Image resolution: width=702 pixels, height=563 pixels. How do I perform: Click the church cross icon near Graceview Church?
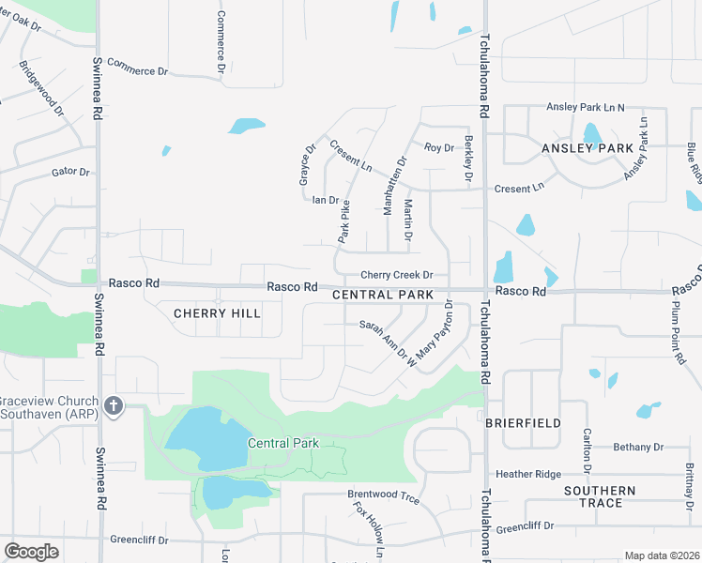click(113, 405)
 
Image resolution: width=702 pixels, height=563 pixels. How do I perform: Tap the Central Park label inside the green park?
click(283, 443)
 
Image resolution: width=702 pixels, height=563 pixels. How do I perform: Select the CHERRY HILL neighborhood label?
click(217, 313)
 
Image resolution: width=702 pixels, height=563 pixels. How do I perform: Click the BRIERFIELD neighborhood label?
click(523, 423)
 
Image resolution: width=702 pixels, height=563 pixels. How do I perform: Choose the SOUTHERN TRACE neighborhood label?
click(600, 496)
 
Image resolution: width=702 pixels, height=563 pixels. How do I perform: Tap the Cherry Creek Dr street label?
click(398, 275)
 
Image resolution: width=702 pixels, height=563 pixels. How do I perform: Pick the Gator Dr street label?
click(70, 172)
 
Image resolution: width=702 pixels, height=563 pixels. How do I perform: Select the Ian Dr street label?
click(325, 200)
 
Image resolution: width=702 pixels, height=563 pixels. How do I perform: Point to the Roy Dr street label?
click(438, 147)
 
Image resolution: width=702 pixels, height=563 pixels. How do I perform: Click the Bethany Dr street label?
click(638, 448)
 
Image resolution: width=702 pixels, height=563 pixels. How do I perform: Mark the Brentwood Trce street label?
click(383, 494)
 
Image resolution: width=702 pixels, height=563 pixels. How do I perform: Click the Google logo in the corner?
click(31, 551)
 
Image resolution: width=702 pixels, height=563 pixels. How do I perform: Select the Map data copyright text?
click(661, 555)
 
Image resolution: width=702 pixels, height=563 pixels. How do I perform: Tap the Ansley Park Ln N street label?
click(586, 108)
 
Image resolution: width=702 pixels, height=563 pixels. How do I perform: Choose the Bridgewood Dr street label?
click(40, 89)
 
